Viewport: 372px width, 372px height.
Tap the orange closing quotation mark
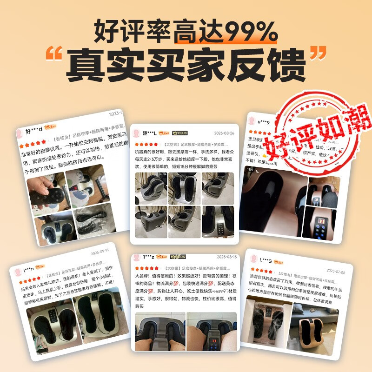pyautogui.click(x=317, y=56)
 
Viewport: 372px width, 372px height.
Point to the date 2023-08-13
pyautogui.click(x=226, y=257)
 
